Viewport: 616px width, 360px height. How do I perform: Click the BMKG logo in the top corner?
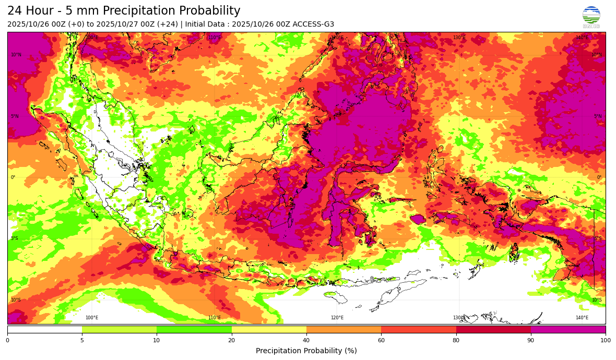pos(591,17)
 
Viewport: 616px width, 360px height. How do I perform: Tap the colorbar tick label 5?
pos(82,341)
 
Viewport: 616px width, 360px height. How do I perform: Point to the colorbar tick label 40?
pos(306,341)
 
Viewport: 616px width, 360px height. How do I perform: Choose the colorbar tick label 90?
pos(530,341)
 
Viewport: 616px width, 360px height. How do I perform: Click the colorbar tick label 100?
pos(605,341)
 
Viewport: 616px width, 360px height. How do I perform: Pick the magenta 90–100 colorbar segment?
pos(568,329)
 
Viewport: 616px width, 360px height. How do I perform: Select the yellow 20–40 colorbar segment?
pos(269,329)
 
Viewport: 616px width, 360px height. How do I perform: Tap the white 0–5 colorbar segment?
pos(44,329)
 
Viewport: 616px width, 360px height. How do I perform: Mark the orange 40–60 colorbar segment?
pos(343,329)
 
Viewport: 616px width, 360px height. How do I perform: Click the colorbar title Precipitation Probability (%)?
pos(306,351)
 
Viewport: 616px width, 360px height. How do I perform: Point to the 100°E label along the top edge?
pos(92,38)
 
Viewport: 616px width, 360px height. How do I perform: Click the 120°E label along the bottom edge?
pos(337,318)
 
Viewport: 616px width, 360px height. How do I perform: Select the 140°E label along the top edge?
pos(582,38)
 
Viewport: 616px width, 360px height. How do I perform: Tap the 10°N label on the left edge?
pos(16,55)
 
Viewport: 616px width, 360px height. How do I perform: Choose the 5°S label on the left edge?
pos(15,238)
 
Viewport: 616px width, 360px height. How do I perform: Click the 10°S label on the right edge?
pos(596,300)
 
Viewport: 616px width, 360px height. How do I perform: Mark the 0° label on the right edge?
pos(599,177)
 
